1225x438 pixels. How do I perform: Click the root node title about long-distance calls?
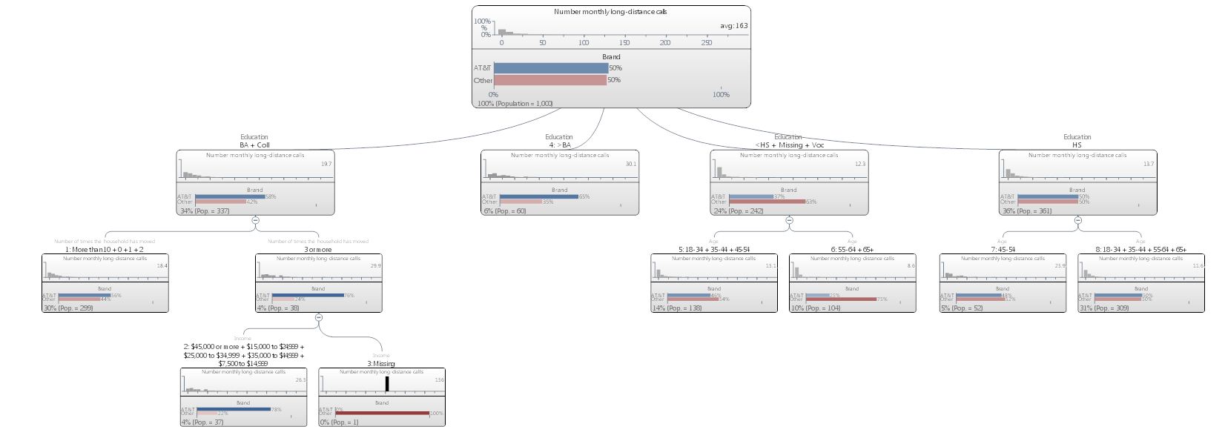pyautogui.click(x=610, y=12)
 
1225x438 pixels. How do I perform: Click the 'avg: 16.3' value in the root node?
pyautogui.click(x=733, y=26)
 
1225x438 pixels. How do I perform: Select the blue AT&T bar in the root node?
pyautogui.click(x=550, y=68)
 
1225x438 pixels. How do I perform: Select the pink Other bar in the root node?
pyautogui.click(x=549, y=80)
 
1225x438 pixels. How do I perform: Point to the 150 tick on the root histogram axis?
pyautogui.click(x=624, y=42)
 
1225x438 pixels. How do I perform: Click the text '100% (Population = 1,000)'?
pyautogui.click(x=515, y=104)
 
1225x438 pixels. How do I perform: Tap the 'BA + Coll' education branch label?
pyautogui.click(x=254, y=145)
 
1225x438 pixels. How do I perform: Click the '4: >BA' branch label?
pyautogui.click(x=559, y=145)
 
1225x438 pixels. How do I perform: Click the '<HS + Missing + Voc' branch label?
pyautogui.click(x=789, y=145)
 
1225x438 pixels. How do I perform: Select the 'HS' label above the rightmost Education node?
pyautogui.click(x=1077, y=145)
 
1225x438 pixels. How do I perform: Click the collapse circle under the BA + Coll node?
pyautogui.click(x=255, y=220)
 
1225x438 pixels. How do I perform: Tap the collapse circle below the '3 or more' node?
pyautogui.click(x=319, y=317)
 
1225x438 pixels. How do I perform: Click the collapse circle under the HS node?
pyautogui.click(x=1077, y=220)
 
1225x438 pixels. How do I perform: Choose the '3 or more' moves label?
pyautogui.click(x=318, y=250)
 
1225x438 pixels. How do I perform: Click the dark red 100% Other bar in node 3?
pyautogui.click(x=381, y=414)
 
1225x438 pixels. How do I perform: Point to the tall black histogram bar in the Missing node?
pyautogui.click(x=386, y=384)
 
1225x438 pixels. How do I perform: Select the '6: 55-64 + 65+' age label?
pyautogui.click(x=852, y=250)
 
